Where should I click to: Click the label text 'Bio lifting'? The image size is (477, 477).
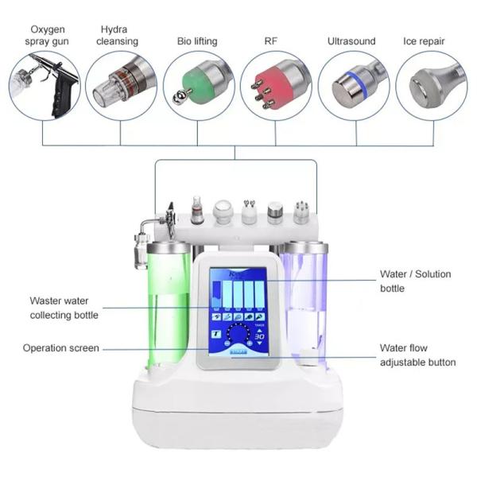click(x=197, y=40)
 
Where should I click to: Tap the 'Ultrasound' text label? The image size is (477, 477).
click(x=353, y=40)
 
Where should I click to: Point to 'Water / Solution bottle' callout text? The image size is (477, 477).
click(x=414, y=281)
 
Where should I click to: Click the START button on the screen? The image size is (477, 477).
click(x=238, y=351)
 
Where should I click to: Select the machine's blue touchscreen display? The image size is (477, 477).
click(x=238, y=310)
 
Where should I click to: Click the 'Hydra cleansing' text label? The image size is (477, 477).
click(x=120, y=34)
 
